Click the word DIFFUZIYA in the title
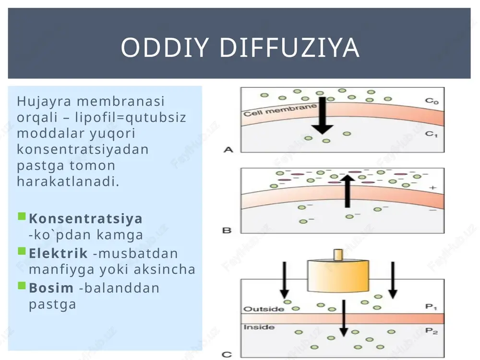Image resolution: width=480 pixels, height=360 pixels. coord(289,48)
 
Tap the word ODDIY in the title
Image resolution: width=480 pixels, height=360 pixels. coord(165,48)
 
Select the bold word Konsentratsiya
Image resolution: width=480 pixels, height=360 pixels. coord(86,218)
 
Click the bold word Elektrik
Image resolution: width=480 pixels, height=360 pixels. coord(58,253)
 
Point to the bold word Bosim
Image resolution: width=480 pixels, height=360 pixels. coord(51,288)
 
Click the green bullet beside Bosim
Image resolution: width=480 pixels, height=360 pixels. coord(22,286)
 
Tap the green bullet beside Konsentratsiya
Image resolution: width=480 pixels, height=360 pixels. coord(22,216)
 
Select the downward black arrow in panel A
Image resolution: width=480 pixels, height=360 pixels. coord(323,115)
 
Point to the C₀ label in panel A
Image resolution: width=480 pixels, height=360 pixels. coord(432,101)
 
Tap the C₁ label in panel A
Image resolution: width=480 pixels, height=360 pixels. coord(432,134)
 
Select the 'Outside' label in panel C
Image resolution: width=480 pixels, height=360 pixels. coord(264,309)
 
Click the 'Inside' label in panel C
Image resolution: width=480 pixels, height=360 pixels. coord(259,327)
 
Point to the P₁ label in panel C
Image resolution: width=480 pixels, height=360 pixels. coord(431,307)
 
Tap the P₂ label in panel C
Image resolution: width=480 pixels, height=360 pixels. coord(432,331)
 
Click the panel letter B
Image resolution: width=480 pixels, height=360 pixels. coord(227,230)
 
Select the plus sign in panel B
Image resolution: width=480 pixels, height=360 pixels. coord(432,188)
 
